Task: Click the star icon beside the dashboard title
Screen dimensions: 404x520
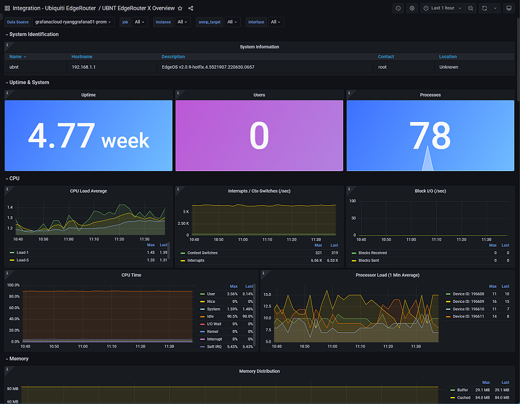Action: (180, 8)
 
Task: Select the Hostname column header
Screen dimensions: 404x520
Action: (81, 57)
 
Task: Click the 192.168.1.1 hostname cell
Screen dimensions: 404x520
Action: (84, 67)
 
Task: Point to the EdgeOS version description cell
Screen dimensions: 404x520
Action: (207, 67)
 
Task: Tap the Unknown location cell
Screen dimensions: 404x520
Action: (448, 67)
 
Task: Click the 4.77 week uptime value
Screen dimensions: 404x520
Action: (88, 136)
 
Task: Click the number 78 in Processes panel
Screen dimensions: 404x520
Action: (430, 136)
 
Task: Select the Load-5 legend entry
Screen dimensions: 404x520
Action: (23, 260)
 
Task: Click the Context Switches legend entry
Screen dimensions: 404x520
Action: (202, 253)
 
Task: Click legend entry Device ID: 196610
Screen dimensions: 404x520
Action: (468, 309)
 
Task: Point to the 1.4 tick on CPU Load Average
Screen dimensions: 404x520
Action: (10, 207)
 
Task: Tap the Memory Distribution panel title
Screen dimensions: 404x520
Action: (259, 371)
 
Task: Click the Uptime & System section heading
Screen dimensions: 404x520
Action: (29, 82)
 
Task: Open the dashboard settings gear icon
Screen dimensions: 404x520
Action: (412, 8)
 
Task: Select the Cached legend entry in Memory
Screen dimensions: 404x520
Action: (463, 397)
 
